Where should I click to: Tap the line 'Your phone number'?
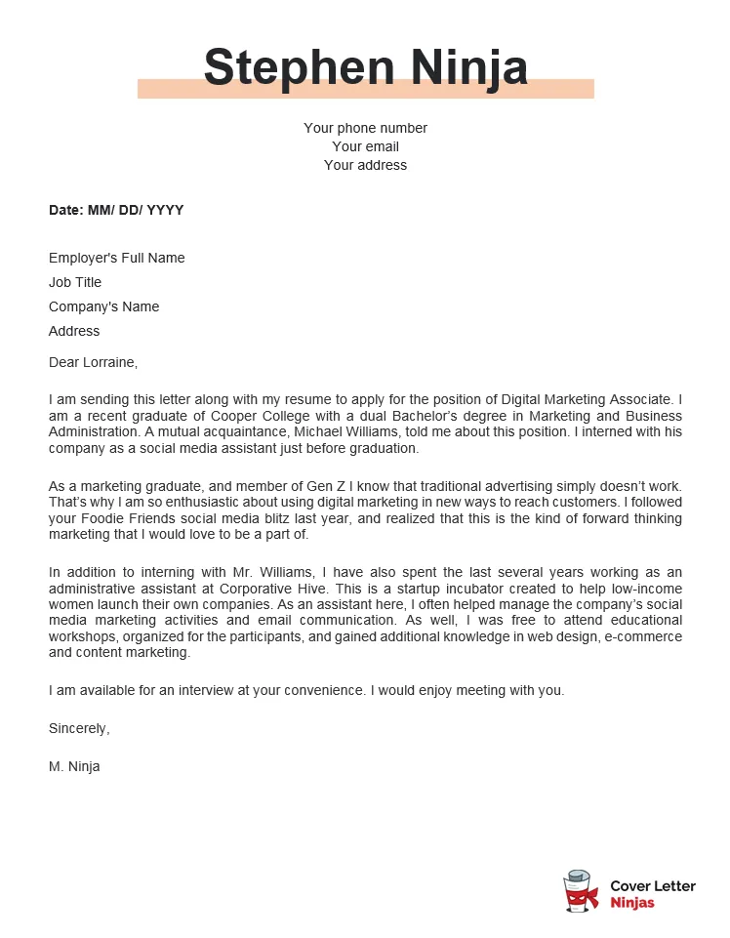365,128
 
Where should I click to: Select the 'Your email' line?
365,146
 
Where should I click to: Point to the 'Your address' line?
365,165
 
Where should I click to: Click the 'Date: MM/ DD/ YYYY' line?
116,210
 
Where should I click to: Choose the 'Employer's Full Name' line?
116,258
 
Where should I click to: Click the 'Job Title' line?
75,282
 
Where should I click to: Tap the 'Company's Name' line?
103,306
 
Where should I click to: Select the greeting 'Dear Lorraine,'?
94,362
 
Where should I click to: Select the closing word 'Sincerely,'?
79,728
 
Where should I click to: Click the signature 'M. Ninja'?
74,766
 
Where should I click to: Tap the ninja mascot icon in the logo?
581,891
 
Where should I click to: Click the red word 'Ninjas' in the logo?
632,903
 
